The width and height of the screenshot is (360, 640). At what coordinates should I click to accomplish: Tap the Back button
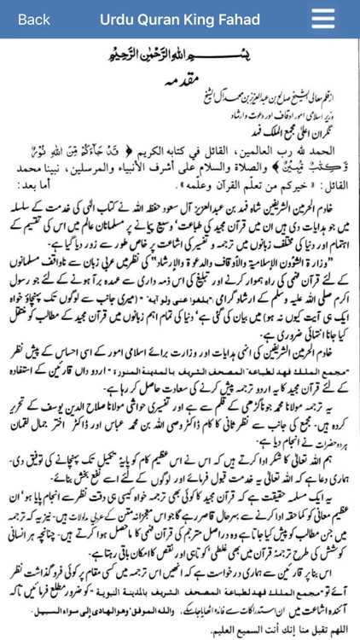coord(33,20)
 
